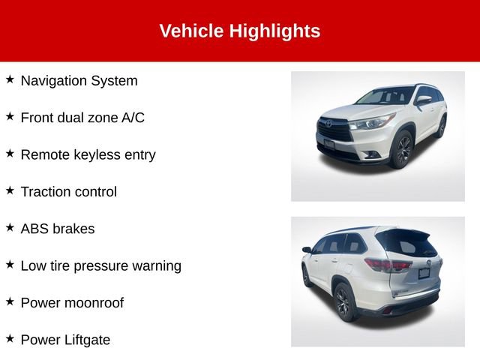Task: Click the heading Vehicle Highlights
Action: (x=239, y=31)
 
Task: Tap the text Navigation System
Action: (x=79, y=80)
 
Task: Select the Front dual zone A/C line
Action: (x=82, y=117)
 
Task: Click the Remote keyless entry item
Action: (x=88, y=154)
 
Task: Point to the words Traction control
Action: (x=68, y=191)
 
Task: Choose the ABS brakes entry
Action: (x=58, y=229)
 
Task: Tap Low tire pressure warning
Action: (x=100, y=265)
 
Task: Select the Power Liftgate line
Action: (x=65, y=340)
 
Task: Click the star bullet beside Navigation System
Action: (x=10, y=79)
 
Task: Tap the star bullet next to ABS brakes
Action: (x=10, y=227)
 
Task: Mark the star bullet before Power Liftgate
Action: (x=10, y=338)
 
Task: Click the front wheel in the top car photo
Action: (x=401, y=149)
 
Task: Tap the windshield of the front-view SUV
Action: (x=383, y=97)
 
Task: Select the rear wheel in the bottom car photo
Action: (x=343, y=302)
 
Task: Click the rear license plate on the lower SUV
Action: (x=424, y=272)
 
